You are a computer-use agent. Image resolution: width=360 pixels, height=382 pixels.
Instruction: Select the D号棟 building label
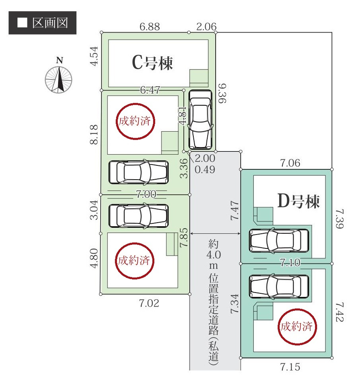(298, 202)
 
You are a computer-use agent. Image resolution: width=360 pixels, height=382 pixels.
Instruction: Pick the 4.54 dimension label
(94, 58)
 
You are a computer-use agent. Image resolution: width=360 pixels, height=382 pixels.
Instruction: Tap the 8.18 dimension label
(94, 135)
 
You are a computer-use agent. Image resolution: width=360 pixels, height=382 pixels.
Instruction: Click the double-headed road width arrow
(215, 233)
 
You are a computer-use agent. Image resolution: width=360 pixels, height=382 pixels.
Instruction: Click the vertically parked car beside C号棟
(200, 120)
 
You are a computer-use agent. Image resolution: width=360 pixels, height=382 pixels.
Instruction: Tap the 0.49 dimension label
(205, 170)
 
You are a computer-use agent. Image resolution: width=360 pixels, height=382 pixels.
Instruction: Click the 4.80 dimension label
(94, 259)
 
